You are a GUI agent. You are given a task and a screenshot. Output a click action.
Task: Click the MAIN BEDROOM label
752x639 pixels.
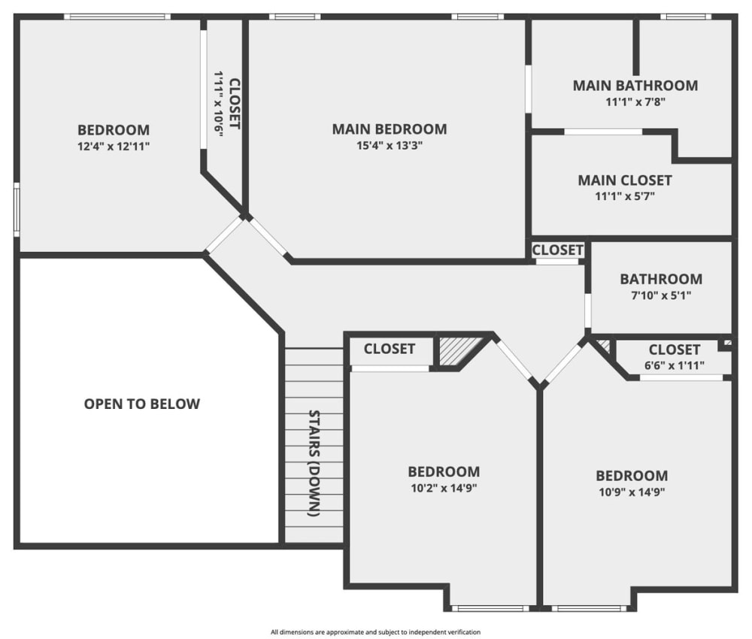coord(389,129)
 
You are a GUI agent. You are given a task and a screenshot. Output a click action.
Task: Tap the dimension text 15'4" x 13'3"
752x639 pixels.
coord(389,147)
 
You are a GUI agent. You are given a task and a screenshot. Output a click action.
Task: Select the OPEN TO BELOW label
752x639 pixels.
coord(142,404)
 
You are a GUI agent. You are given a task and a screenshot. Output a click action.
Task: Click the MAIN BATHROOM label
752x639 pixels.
coord(635,86)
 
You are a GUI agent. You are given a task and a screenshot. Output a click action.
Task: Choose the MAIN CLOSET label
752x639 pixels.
coord(624,180)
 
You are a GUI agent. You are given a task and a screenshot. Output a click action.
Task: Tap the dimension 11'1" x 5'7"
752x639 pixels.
coord(624,197)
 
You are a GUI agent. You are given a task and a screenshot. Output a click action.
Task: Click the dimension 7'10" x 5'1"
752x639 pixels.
coord(661,295)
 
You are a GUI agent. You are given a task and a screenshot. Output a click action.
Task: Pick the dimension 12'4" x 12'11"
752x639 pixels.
coord(114,147)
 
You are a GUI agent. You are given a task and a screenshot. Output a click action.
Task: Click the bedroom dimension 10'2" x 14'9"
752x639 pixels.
coord(444,488)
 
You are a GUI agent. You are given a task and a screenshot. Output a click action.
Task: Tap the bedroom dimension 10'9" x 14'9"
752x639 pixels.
coord(632,492)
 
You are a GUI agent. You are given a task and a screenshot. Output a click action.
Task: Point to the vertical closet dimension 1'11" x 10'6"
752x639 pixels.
coord(218,104)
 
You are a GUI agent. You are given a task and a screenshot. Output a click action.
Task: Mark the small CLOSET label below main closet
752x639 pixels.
coord(557,250)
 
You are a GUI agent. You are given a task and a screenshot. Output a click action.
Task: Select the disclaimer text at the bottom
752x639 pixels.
coord(375,632)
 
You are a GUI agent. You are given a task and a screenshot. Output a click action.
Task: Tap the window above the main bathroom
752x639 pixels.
coord(685,17)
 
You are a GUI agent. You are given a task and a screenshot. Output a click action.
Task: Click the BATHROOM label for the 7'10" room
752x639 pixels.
coord(661,279)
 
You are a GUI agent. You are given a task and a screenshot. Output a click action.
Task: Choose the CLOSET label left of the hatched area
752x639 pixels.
coord(389,349)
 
